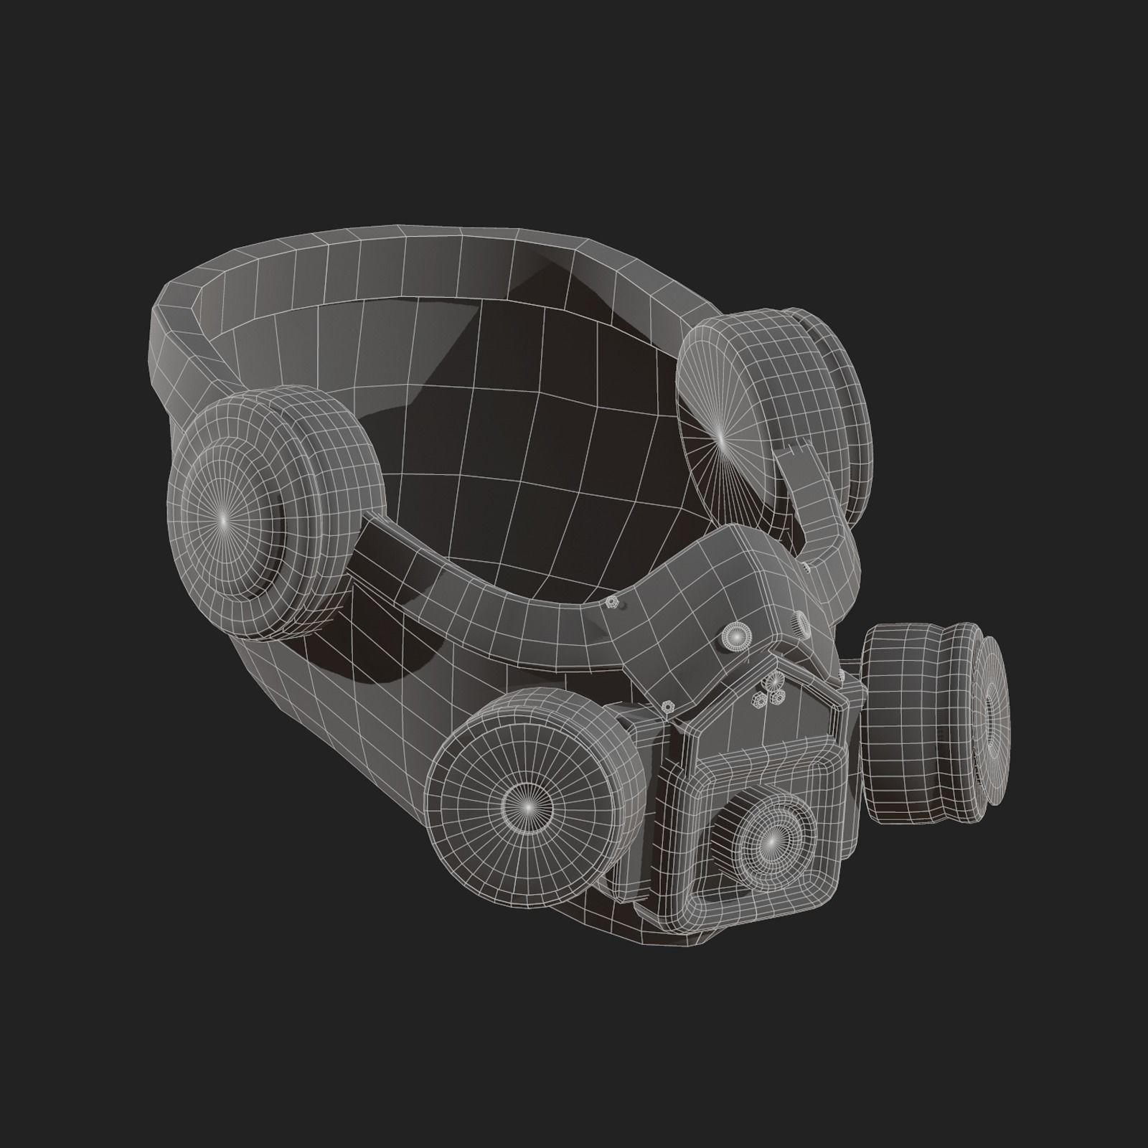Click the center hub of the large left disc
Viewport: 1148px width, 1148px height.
pos(223,517)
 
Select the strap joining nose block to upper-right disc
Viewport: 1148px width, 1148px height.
pos(825,517)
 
